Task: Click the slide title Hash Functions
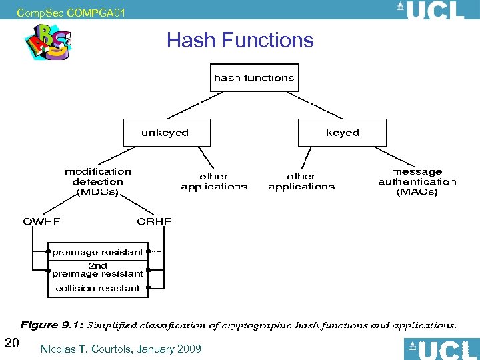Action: pyautogui.click(x=240, y=40)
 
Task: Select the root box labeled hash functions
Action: pyautogui.click(x=253, y=78)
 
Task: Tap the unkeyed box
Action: pyautogui.click(x=166, y=133)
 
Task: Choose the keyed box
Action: pyautogui.click(x=342, y=133)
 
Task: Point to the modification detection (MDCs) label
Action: pyautogui.click(x=98, y=181)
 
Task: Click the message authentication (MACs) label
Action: pyautogui.click(x=417, y=181)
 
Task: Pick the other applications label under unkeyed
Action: pyautogui.click(x=214, y=181)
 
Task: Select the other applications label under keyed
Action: pyautogui.click(x=301, y=181)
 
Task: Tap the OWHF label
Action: pyautogui.click(x=42, y=221)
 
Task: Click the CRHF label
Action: pyautogui.click(x=154, y=221)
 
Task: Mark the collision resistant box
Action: pyautogui.click(x=98, y=289)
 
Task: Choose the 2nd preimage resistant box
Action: pyautogui.click(x=98, y=269)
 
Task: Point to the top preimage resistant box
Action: pyautogui.click(x=98, y=252)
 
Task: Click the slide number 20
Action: pyautogui.click(x=11, y=343)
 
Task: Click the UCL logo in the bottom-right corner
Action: pyautogui.click(x=441, y=349)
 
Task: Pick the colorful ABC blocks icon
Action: pyautogui.click(x=48, y=42)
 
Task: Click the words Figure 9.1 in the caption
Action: pyautogui.click(x=52, y=325)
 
